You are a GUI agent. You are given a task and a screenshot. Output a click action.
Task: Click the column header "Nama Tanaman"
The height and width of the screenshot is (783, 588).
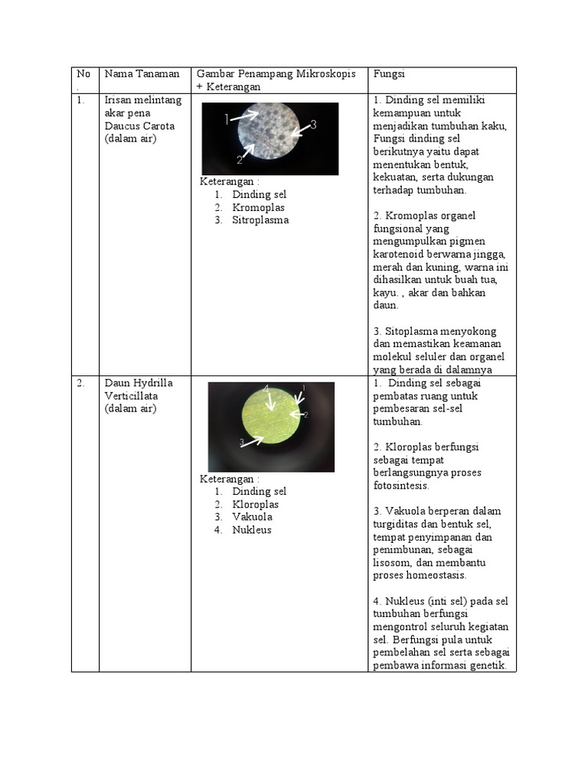[142, 73]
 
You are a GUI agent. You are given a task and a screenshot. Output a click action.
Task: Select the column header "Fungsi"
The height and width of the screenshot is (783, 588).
[388, 73]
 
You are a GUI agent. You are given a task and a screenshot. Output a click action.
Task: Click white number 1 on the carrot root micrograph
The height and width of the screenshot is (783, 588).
[227, 119]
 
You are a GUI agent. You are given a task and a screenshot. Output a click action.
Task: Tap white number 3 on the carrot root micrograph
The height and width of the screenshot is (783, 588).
[313, 124]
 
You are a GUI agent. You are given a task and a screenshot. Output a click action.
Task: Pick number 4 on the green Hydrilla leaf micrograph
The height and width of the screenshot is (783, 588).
[266, 389]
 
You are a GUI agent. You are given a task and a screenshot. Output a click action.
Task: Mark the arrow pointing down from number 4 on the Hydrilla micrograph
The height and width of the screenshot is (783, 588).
[270, 402]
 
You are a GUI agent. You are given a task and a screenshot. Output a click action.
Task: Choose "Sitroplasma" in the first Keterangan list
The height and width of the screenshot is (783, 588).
[260, 220]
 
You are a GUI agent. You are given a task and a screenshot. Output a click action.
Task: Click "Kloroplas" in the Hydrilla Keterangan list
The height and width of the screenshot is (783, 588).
[255, 505]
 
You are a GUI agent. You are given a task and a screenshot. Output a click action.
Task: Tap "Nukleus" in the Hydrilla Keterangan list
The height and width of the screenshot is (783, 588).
[252, 530]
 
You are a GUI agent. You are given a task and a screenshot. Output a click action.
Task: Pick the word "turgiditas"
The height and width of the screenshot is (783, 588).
[399, 524]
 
